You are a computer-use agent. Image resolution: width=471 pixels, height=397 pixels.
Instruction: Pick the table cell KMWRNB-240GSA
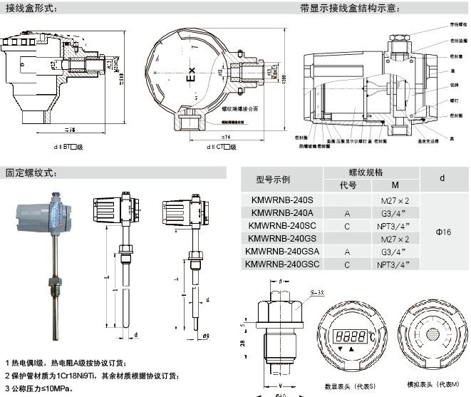tap(281, 252)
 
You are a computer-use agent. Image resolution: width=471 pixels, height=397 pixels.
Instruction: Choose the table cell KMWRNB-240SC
tap(281, 226)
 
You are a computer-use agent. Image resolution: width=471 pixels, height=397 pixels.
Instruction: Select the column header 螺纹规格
tap(365, 172)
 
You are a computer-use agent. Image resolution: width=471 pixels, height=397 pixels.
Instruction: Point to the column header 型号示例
tap(281, 179)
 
